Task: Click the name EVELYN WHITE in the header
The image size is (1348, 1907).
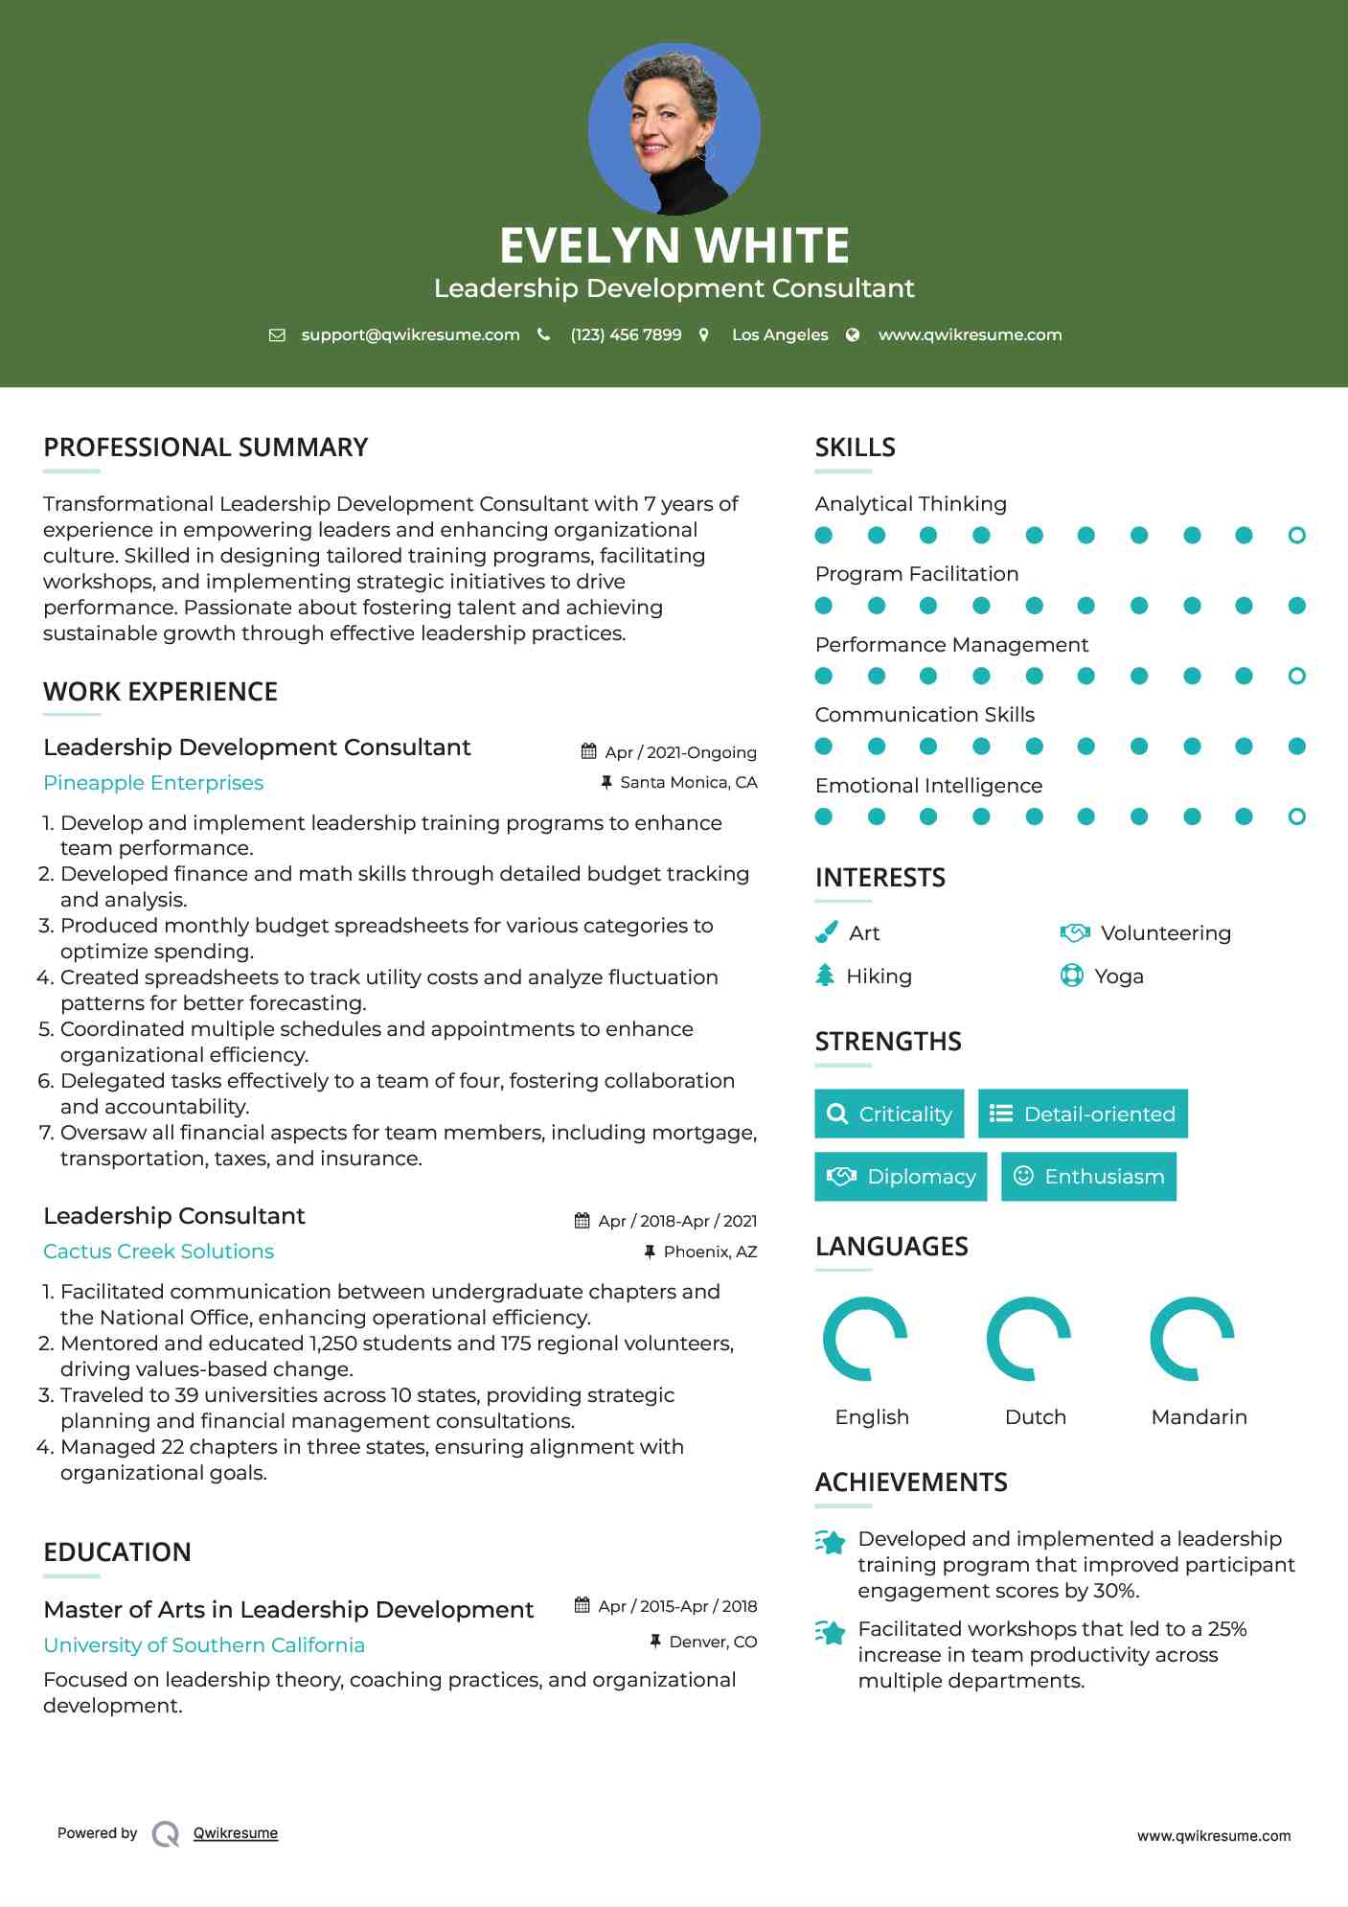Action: [x=674, y=245]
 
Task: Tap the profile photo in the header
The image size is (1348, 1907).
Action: [x=674, y=128]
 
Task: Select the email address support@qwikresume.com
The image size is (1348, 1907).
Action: [x=410, y=334]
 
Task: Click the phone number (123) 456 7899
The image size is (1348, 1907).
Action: [x=626, y=334]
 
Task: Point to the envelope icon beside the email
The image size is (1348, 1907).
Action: [x=277, y=335]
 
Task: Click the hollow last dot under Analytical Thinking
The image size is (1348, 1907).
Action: [x=1296, y=536]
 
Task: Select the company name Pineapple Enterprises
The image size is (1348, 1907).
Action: [x=153, y=783]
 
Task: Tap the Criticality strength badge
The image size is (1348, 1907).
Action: [x=889, y=1114]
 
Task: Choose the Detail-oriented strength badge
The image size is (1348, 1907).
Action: [x=1083, y=1114]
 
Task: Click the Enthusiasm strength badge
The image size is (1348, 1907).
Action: [x=1088, y=1176]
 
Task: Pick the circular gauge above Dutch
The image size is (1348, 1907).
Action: [x=1029, y=1339]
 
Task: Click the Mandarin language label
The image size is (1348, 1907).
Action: [x=1199, y=1416]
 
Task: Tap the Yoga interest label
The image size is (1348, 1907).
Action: [x=1118, y=976]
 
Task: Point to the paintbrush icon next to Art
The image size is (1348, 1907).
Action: [x=826, y=932]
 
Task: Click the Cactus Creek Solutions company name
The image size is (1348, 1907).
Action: [x=158, y=1252]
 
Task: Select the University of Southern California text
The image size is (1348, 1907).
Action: [x=204, y=1645]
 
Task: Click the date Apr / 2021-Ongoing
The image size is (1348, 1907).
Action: [x=680, y=752]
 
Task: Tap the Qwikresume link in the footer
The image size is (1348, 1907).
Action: [x=235, y=1833]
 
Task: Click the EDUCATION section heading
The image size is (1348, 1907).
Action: [x=117, y=1552]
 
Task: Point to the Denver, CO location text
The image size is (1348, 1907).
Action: [x=713, y=1642]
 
